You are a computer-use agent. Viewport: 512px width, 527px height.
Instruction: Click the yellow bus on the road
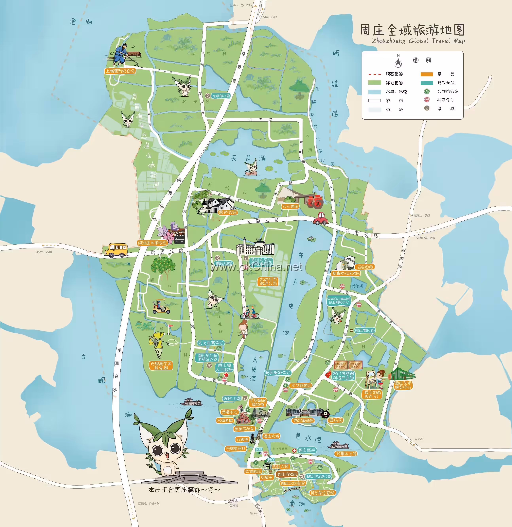point(116,250)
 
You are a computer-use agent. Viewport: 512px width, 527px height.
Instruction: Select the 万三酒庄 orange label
point(290,206)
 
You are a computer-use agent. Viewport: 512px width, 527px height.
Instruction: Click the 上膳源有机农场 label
point(120,71)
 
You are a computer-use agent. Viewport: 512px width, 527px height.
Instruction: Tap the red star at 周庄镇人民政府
point(226,375)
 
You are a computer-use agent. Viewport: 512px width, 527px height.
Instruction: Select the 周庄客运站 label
point(364,330)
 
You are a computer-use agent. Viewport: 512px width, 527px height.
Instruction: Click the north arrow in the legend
point(398,62)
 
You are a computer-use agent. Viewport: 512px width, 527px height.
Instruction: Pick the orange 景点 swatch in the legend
point(427,74)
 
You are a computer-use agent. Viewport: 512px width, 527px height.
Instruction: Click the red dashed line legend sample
point(375,74)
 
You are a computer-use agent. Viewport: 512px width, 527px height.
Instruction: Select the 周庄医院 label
point(307,450)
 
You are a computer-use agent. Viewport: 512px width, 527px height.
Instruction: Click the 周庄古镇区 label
point(287,474)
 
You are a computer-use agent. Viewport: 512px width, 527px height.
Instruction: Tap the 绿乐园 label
point(336,420)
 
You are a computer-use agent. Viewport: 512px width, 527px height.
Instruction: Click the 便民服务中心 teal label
point(278,373)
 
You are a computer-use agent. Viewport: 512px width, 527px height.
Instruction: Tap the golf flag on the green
point(170,327)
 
